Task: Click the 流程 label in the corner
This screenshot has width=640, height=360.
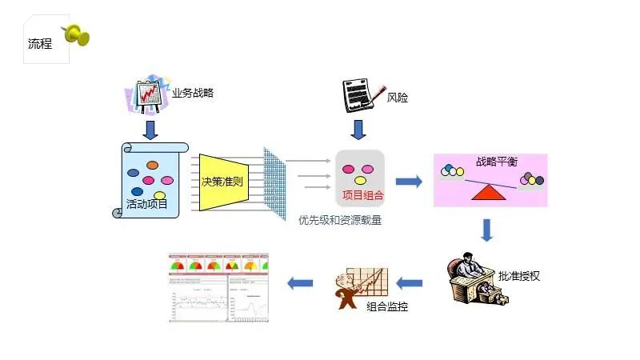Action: [x=40, y=44]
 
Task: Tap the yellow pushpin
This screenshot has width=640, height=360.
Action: [x=77, y=34]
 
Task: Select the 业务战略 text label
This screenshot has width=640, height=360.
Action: [x=193, y=93]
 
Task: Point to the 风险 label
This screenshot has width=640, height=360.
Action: [x=398, y=98]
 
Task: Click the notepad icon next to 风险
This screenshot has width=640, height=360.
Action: [x=360, y=96]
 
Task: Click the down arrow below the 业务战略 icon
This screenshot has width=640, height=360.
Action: [x=150, y=128]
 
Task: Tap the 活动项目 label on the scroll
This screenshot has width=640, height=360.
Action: [x=147, y=205]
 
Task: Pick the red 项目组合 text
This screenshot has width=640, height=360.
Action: [x=362, y=194]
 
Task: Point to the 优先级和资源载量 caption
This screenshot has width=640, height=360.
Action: [x=340, y=220]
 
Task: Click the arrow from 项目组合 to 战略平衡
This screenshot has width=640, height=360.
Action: [x=409, y=182]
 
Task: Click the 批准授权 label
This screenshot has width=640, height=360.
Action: [x=519, y=276]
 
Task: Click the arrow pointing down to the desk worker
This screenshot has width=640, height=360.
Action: [x=486, y=230]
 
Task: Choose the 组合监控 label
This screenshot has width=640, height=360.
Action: [x=387, y=306]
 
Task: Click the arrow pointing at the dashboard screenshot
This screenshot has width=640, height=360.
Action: [x=301, y=282]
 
